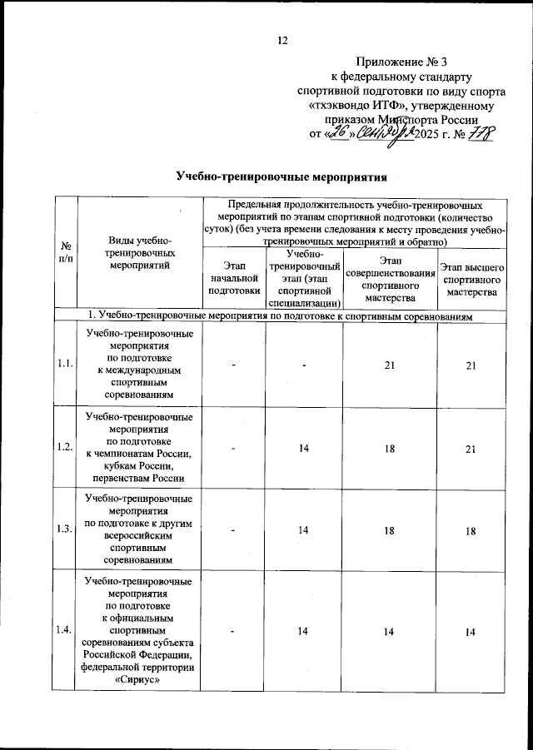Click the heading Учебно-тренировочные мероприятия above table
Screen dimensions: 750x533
[x=282, y=176]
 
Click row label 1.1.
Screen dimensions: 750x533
[x=64, y=363]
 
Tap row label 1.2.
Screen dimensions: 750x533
[x=64, y=447]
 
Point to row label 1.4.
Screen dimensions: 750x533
[x=64, y=632]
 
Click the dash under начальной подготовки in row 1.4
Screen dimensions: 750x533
[x=234, y=633]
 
